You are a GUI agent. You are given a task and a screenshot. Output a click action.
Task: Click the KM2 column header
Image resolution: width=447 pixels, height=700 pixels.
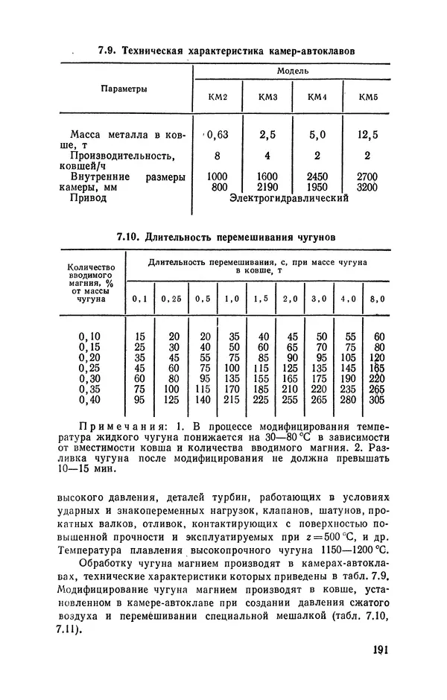[218, 97]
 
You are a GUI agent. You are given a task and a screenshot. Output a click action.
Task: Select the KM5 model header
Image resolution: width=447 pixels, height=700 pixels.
[368, 97]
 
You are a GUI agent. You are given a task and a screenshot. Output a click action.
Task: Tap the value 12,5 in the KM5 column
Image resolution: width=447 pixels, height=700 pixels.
[367, 135]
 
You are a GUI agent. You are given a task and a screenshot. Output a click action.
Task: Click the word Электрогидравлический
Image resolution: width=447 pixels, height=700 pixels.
[290, 199]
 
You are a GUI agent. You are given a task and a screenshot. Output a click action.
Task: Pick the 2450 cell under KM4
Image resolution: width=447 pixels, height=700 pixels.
[317, 177]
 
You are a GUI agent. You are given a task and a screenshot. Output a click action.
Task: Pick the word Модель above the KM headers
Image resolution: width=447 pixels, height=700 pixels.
[292, 71]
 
